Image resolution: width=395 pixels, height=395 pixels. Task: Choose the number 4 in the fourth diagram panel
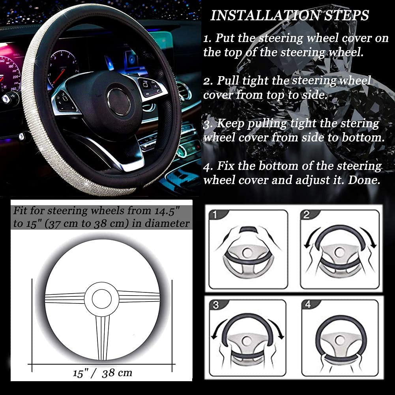tap(307, 305)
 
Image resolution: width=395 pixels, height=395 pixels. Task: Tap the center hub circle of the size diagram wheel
tap(102, 299)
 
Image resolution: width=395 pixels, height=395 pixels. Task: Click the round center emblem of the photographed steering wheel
tap(119, 102)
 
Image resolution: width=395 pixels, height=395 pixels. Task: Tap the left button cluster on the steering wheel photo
tap(66, 100)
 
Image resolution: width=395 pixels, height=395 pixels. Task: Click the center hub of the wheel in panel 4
tap(340, 340)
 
